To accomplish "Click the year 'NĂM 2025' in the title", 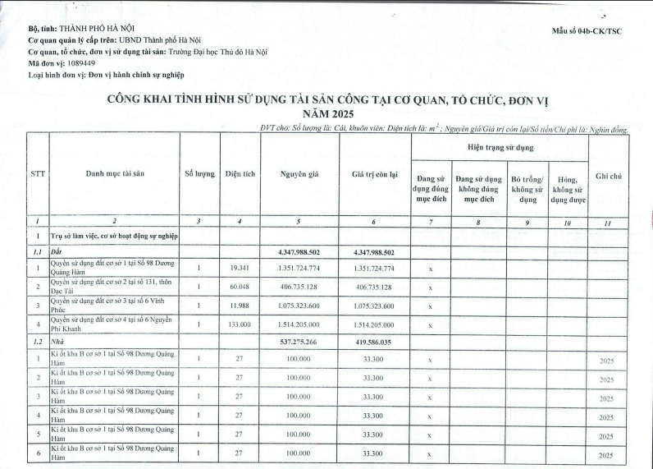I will (326, 113).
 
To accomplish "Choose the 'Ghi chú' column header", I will (610, 176).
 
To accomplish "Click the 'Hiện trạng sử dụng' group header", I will (500, 148).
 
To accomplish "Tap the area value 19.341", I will (240, 269).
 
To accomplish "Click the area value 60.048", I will (240, 287).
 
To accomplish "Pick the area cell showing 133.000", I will (240, 324).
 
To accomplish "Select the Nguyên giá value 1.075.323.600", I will (299, 306).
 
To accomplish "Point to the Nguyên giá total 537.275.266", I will (299, 340).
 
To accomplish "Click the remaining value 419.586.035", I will (374, 340).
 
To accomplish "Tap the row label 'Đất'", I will (57, 252).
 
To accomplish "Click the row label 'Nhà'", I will (57, 340).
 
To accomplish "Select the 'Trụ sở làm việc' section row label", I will (115, 236).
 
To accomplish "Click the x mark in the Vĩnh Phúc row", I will (430, 306).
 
